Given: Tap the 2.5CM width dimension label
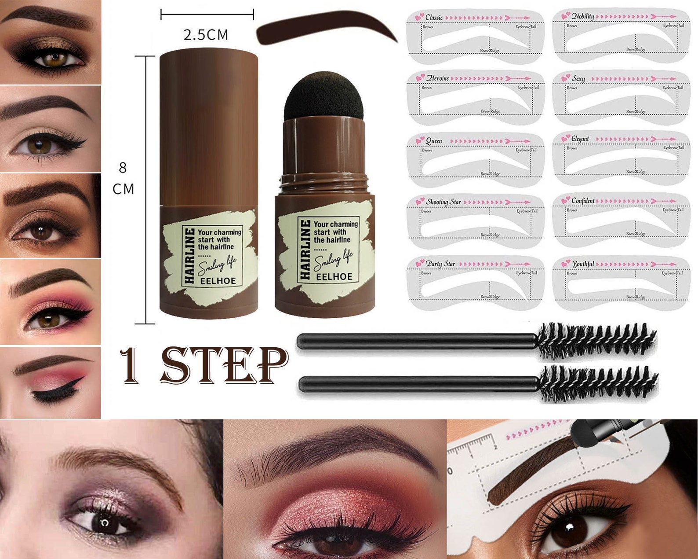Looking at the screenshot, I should tap(206, 35).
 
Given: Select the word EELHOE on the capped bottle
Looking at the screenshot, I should tap(218, 281).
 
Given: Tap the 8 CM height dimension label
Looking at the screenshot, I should tap(123, 178).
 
